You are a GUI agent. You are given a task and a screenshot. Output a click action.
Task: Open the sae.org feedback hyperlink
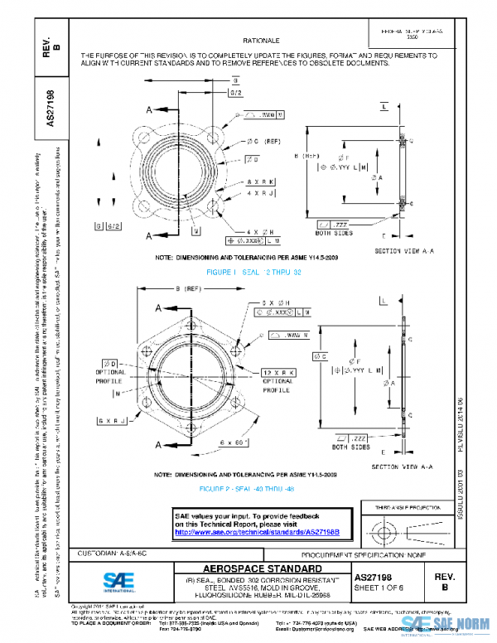(256, 531)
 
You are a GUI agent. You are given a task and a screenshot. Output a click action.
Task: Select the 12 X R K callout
(277, 373)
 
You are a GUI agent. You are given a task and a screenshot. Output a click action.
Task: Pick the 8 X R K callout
(258, 181)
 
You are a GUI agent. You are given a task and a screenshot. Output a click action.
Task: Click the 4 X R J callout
(258, 192)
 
